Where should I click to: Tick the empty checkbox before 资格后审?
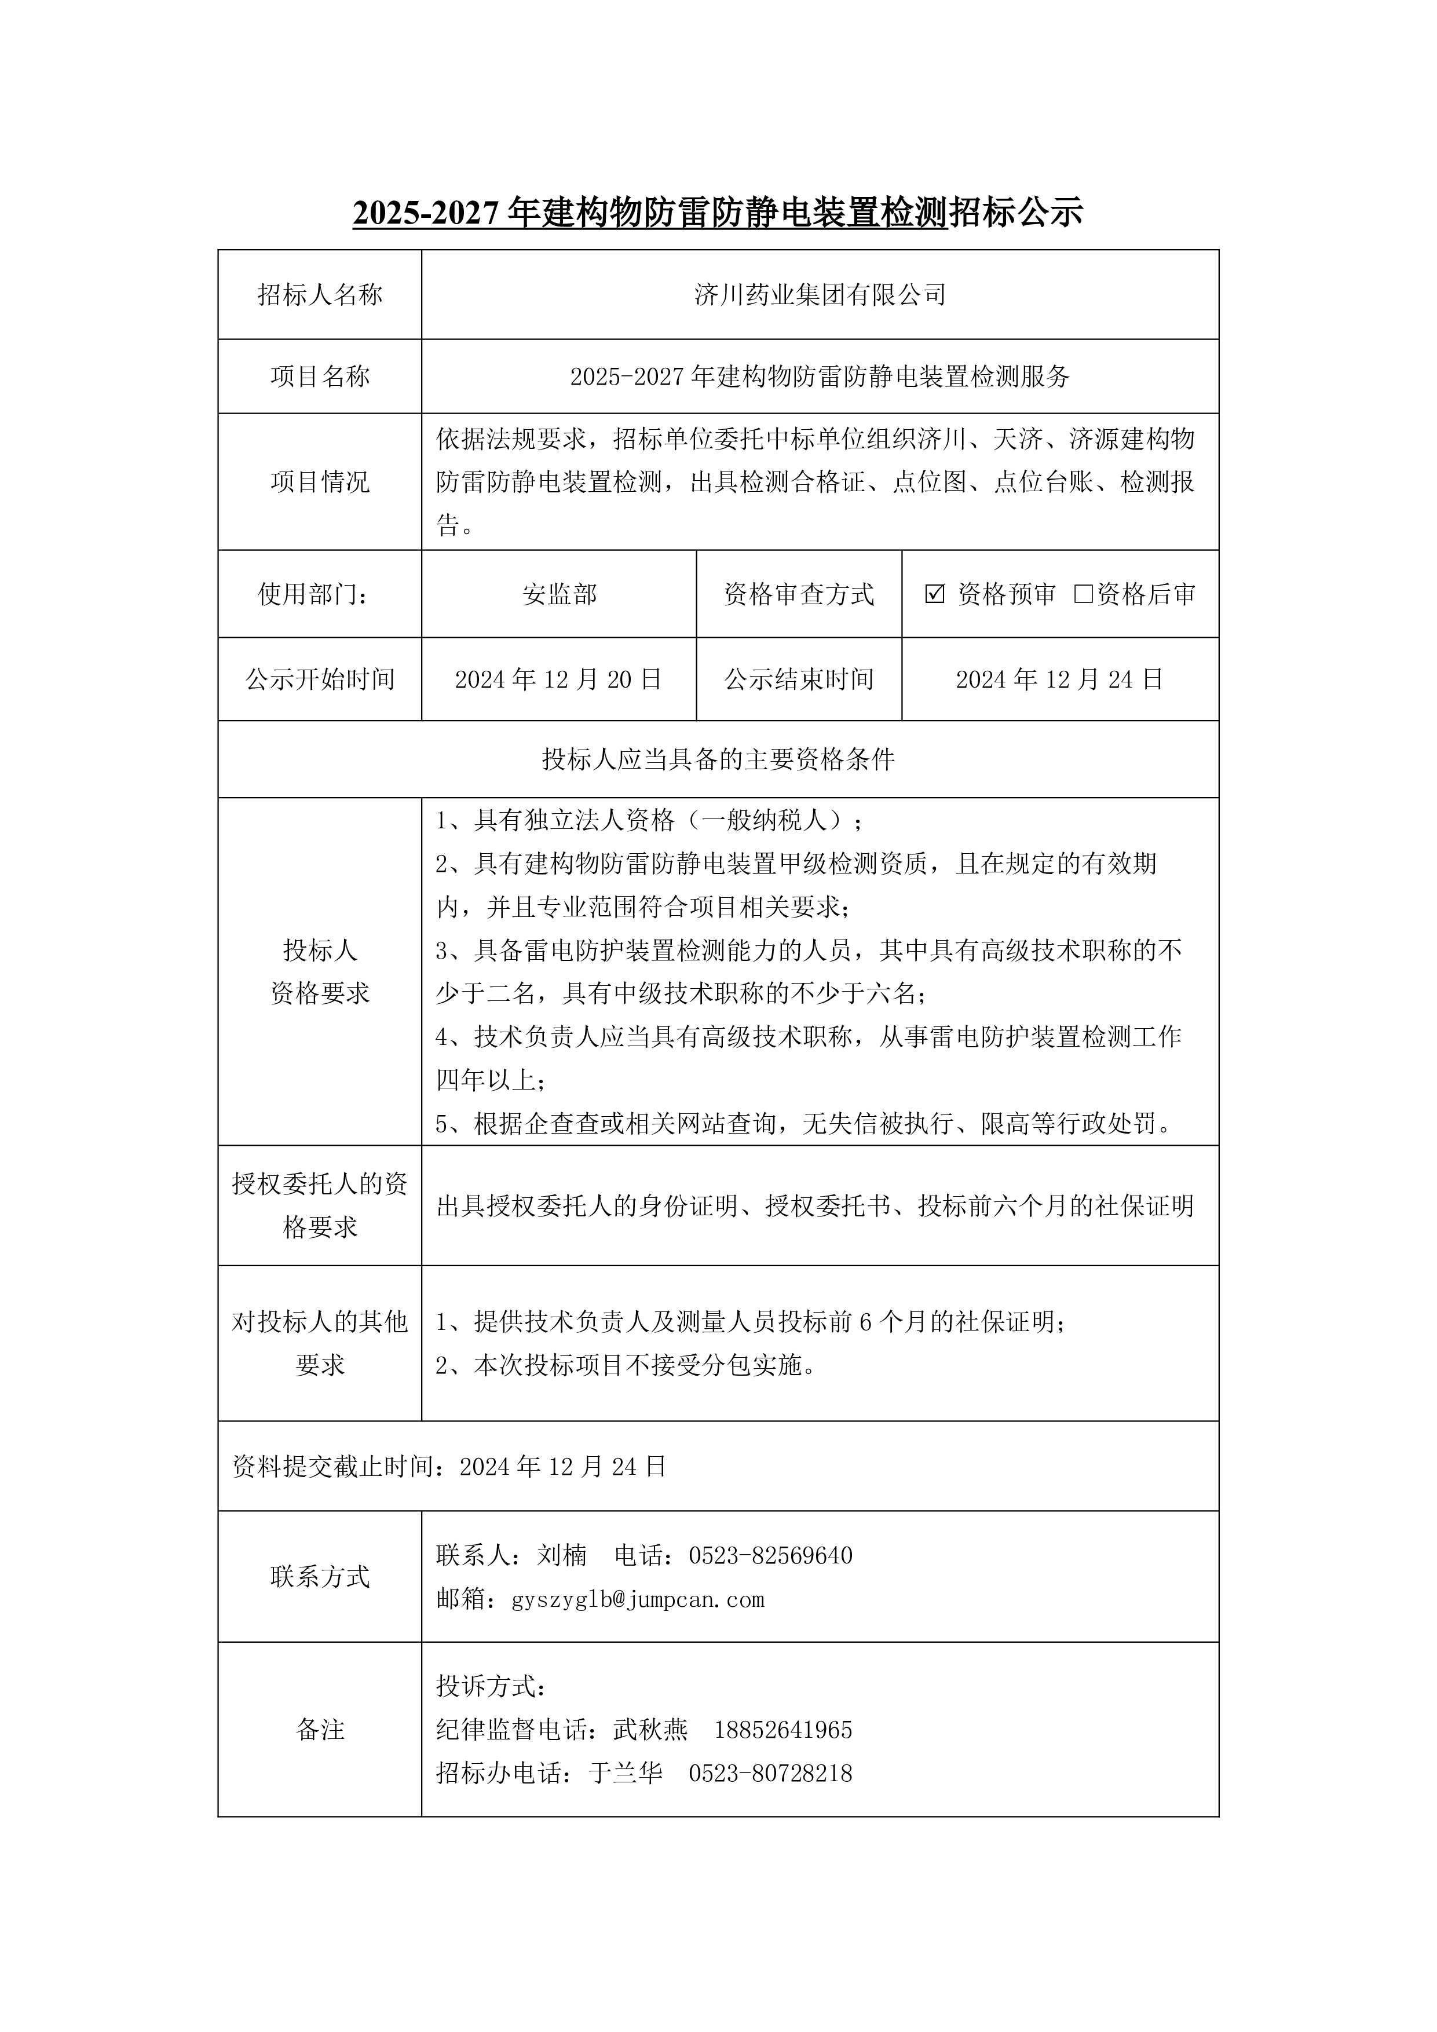1083,594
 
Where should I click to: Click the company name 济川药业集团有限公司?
820,295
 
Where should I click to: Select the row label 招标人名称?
320,295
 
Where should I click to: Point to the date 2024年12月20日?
558,679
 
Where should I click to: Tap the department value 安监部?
560,594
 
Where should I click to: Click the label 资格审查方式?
799,594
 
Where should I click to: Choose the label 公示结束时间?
799,679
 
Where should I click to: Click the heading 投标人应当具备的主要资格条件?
718,759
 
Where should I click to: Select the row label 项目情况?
320,483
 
